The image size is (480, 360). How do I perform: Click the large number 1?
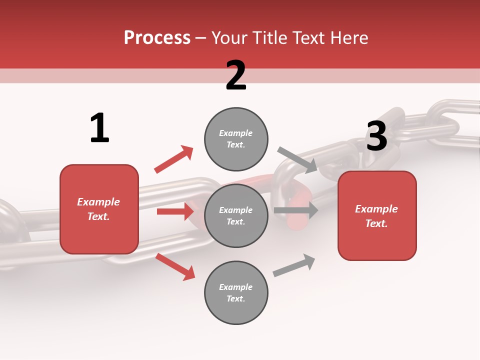point(99,128)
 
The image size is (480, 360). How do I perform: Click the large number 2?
point(236,75)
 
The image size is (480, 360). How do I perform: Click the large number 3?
point(376,136)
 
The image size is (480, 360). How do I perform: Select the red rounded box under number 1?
point(99,209)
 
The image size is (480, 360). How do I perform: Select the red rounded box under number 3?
point(377,215)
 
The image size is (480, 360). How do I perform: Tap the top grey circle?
point(236,139)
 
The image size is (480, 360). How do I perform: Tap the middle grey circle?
point(236,215)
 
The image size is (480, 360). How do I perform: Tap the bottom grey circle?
point(236,292)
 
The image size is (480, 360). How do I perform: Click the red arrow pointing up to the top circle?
point(173,159)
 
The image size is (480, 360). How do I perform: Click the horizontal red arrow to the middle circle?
point(175,211)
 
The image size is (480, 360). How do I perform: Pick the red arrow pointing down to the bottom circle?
point(175,266)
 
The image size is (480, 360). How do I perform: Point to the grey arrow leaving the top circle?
point(297,159)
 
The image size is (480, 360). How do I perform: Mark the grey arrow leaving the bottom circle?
point(294,265)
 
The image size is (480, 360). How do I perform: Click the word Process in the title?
point(157,38)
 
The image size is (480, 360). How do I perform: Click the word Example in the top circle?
point(235,133)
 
